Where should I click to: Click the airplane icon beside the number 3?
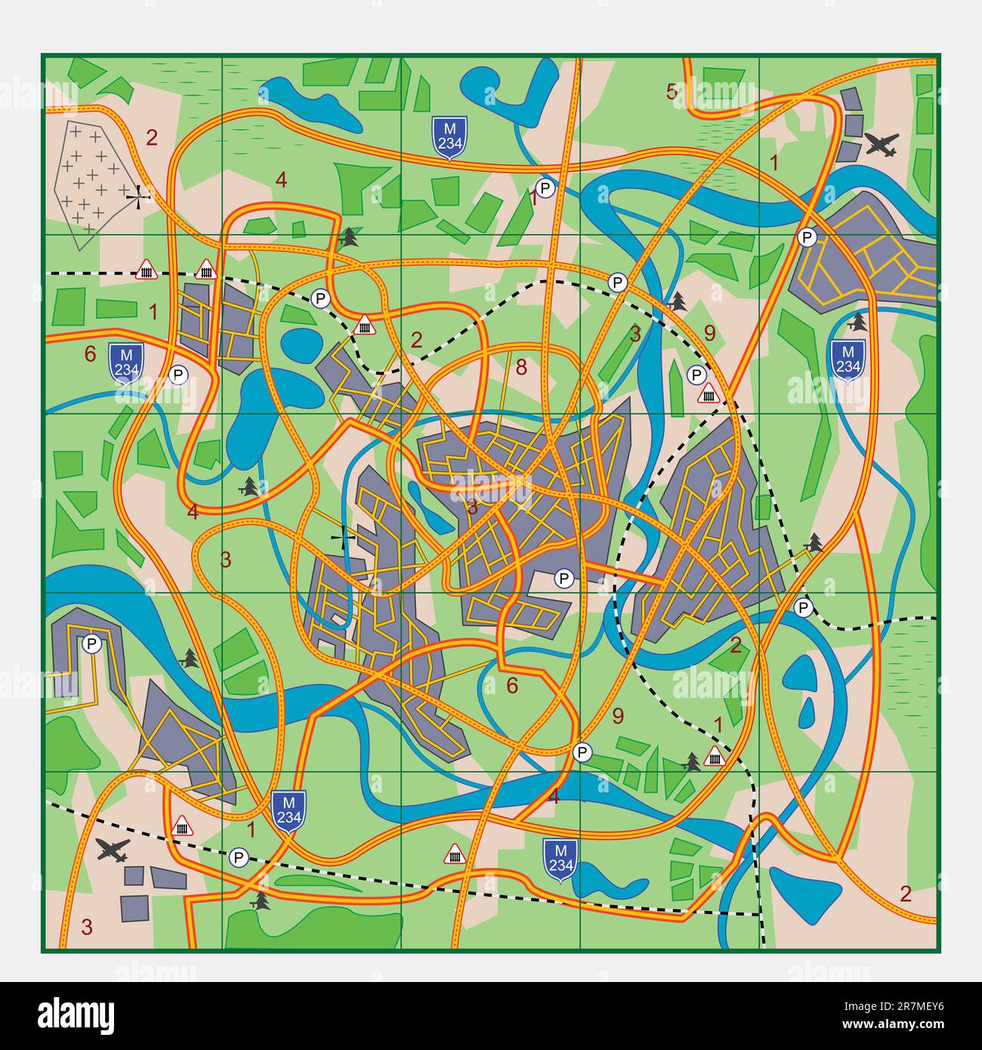tap(113, 850)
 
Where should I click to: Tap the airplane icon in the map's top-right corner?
tap(882, 144)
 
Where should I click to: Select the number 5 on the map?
tap(671, 92)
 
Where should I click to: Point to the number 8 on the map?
tap(520, 368)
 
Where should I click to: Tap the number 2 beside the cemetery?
tap(152, 138)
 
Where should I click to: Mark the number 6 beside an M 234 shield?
tap(91, 354)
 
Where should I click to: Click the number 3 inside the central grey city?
tap(472, 507)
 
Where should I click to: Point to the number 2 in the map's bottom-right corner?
tap(906, 894)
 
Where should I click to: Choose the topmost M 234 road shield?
tap(449, 137)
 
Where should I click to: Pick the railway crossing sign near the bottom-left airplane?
tap(181, 826)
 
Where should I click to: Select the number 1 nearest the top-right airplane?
tap(773, 162)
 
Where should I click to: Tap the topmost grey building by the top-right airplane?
tap(851, 100)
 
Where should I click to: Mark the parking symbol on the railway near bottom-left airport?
tap(239, 857)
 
